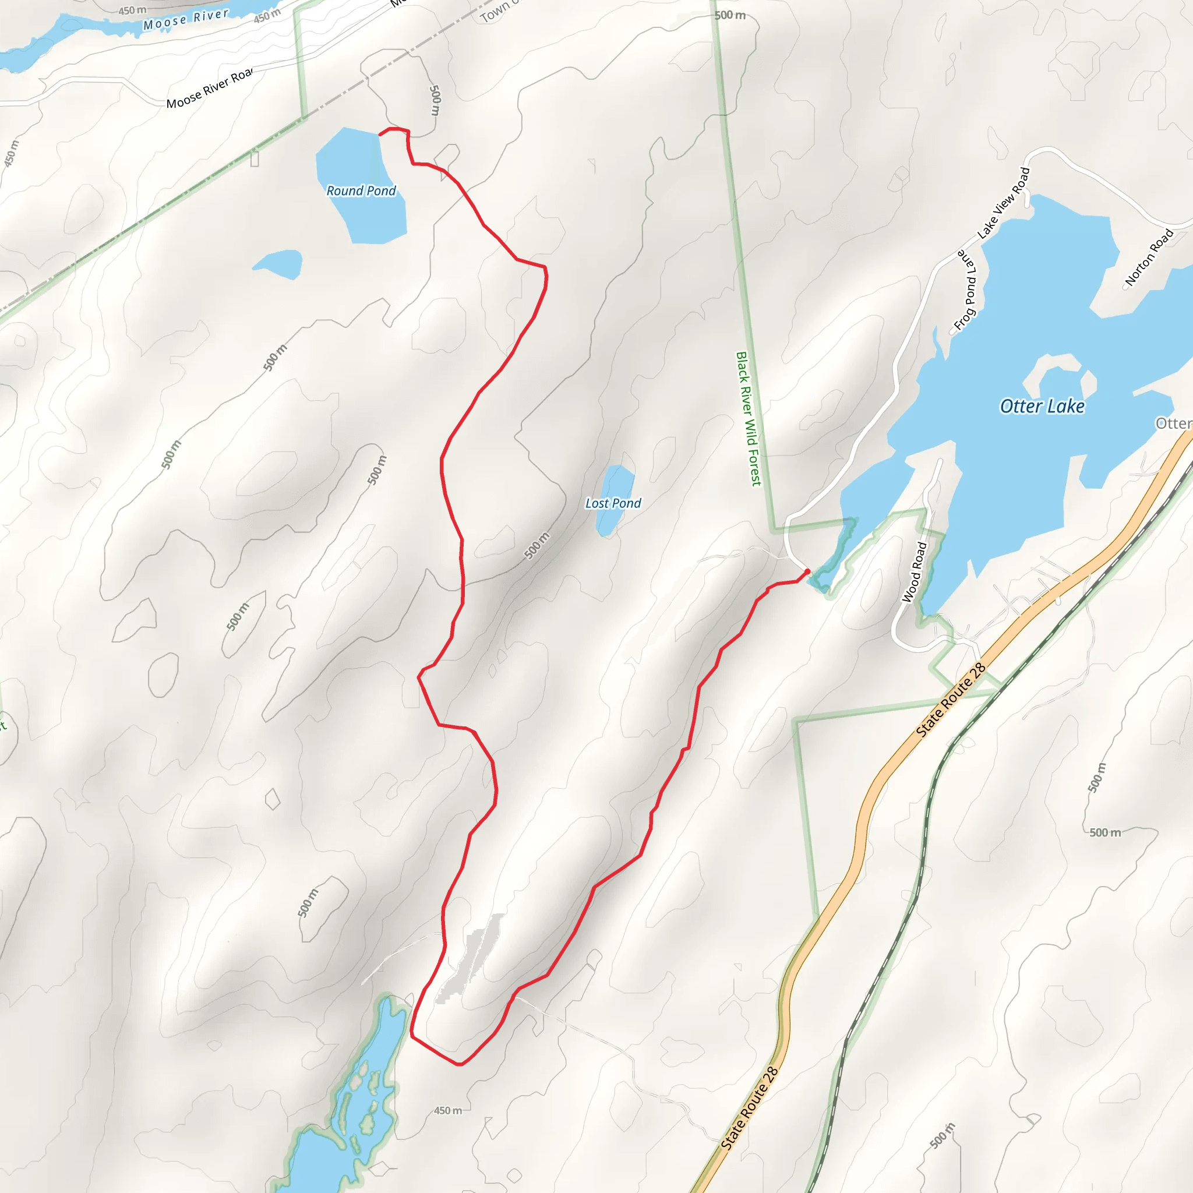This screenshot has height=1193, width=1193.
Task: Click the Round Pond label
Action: [361, 191]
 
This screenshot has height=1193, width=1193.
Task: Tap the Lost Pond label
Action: [613, 503]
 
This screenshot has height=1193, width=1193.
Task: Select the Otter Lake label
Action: [1042, 407]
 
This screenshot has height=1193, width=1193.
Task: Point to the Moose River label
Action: [185, 20]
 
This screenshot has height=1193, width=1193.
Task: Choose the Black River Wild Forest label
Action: [748, 419]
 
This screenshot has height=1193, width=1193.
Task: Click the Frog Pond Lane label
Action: [966, 290]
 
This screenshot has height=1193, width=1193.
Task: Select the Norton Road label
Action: [1149, 257]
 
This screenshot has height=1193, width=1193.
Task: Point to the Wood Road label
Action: [915, 572]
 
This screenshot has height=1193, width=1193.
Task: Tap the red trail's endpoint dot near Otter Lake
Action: [807, 572]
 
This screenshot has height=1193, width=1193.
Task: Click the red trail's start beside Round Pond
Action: [380, 134]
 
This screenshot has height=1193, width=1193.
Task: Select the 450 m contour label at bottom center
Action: [448, 1110]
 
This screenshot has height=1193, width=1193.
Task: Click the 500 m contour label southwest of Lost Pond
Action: [537, 545]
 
